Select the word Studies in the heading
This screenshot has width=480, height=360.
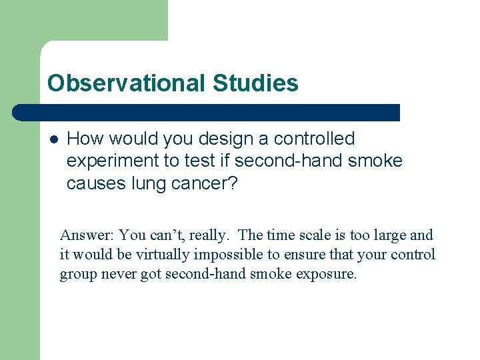pos(255,83)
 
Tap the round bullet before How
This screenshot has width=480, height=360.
pos(53,139)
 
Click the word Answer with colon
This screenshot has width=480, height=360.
pos(87,235)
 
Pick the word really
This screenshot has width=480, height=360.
pos(209,235)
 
